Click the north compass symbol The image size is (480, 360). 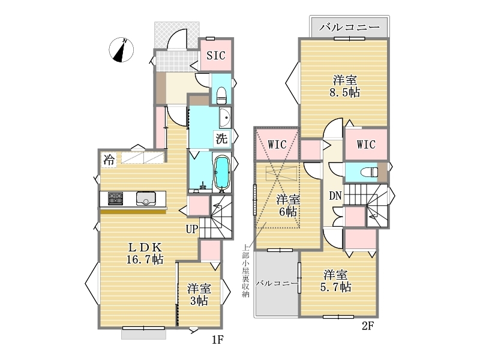click(x=121, y=50)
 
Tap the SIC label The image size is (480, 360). click(x=216, y=55)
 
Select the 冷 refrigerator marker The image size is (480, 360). click(x=109, y=160)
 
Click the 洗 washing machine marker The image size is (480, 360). click(x=221, y=139)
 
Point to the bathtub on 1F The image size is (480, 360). click(x=222, y=173)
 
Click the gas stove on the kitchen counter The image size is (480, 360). click(x=115, y=199)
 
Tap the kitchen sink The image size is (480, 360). click(x=146, y=199)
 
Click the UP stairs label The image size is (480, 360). click(x=192, y=229)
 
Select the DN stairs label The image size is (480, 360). click(x=335, y=196)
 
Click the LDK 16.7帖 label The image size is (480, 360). click(x=145, y=253)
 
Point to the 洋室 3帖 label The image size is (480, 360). click(x=199, y=295)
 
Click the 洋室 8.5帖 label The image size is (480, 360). click(x=344, y=86)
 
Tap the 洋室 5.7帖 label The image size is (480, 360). click(x=336, y=281)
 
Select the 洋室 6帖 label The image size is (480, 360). click(x=288, y=206)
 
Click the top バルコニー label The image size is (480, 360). click(x=350, y=28)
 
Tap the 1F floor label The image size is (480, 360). click(x=218, y=340)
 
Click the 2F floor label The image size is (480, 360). click(x=368, y=326)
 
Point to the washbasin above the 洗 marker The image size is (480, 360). click(x=225, y=118)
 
